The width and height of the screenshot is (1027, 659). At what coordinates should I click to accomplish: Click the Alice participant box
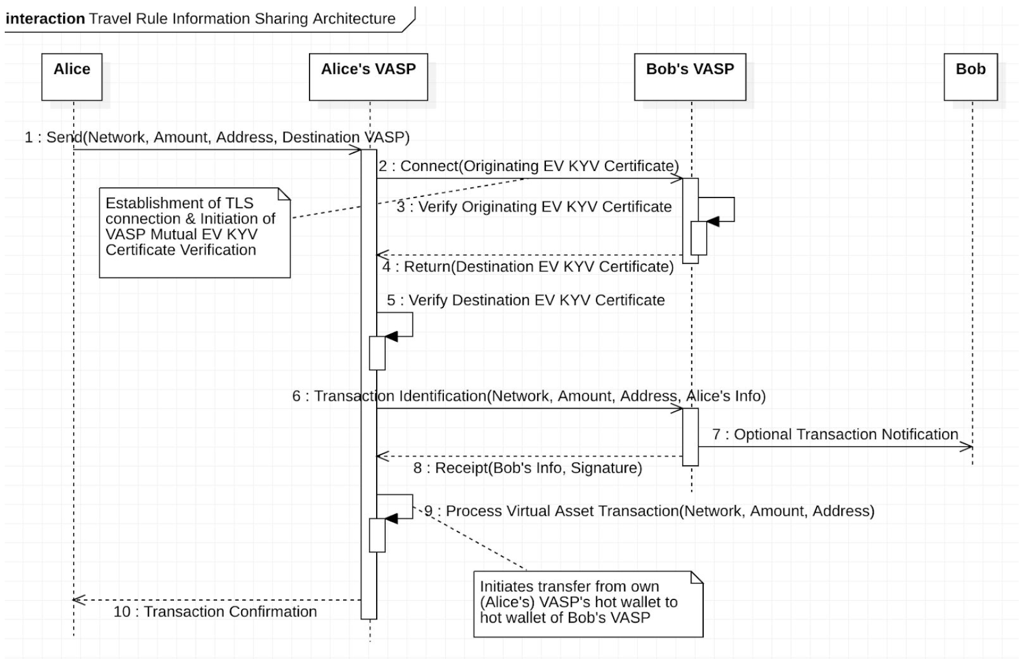pos(72,77)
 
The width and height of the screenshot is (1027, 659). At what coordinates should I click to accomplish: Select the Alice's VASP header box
pos(368,77)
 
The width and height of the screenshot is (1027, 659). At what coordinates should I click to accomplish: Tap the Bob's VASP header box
pos(690,77)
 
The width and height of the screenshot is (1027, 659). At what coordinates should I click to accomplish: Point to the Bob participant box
pos(970,77)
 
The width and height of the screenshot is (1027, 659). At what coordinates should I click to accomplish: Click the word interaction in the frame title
pos(45,19)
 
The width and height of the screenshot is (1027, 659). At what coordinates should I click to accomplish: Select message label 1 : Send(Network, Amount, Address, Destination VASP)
pos(217,137)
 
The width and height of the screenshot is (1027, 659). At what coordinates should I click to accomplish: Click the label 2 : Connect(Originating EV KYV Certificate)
pos(528,166)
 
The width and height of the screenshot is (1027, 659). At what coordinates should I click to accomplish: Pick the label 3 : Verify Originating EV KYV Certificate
pos(534,207)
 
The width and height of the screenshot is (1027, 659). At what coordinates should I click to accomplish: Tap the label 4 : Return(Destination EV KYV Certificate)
pos(528,267)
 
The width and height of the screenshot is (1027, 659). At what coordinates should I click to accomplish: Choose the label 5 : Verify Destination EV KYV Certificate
pos(525,301)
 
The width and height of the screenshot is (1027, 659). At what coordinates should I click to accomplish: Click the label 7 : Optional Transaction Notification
pos(835,434)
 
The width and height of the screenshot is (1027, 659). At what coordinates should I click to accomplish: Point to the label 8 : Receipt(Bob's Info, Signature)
pos(528,468)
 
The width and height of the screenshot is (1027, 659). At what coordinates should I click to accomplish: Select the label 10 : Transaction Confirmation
pos(215,612)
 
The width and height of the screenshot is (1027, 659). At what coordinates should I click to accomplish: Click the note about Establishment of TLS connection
pos(195,233)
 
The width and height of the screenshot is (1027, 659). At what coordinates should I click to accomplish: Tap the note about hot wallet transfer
pos(588,604)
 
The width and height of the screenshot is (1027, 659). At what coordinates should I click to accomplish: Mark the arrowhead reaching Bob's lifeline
pos(967,447)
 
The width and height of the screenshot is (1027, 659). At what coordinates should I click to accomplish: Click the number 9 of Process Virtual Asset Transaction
pos(429,511)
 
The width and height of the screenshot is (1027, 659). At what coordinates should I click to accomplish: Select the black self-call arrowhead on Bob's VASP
pos(713,222)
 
